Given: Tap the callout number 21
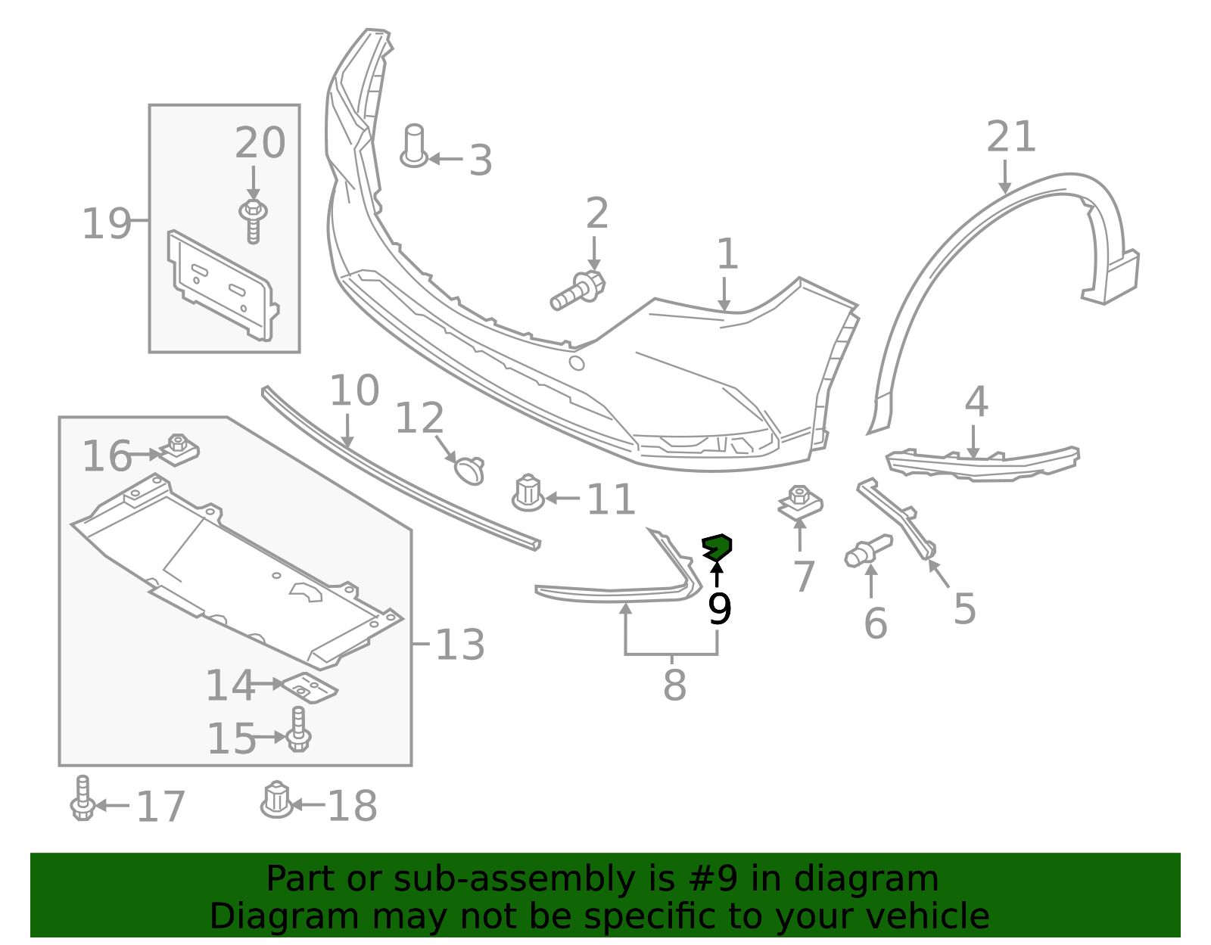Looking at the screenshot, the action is (x=1011, y=138).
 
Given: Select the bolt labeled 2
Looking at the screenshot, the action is (x=578, y=291).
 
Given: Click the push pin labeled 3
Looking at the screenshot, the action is (x=413, y=146).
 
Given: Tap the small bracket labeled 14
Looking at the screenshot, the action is (x=310, y=685).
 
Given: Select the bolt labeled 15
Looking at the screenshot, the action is (x=299, y=729).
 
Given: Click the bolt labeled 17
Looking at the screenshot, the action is (x=82, y=799).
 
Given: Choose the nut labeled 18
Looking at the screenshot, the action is (x=276, y=800).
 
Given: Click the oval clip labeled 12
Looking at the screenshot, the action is (x=470, y=469).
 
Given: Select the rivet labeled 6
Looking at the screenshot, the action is (x=867, y=550).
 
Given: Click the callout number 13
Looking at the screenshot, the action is (x=460, y=645).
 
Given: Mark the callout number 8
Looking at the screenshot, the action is (x=674, y=685).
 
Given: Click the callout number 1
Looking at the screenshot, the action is (x=727, y=254).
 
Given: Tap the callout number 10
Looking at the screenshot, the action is (x=354, y=391).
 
